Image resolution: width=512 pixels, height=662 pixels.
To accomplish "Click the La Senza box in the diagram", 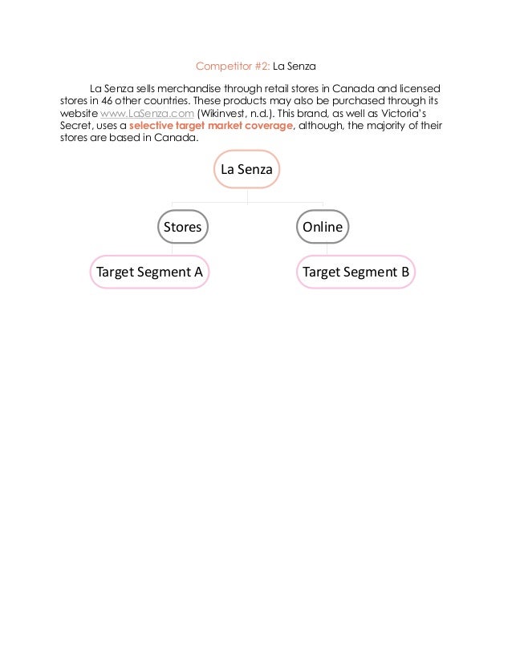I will [x=247, y=170].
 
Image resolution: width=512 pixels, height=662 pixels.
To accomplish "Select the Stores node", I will [x=182, y=227].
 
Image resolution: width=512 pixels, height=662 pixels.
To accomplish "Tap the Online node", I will [x=323, y=227].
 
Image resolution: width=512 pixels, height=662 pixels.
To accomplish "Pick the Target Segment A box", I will [x=149, y=272].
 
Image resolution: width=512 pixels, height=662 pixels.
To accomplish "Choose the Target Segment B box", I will [x=356, y=272].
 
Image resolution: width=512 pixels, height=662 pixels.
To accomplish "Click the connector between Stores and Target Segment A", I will [x=172, y=248].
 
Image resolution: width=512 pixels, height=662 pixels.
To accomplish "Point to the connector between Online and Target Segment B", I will [x=326, y=248].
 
